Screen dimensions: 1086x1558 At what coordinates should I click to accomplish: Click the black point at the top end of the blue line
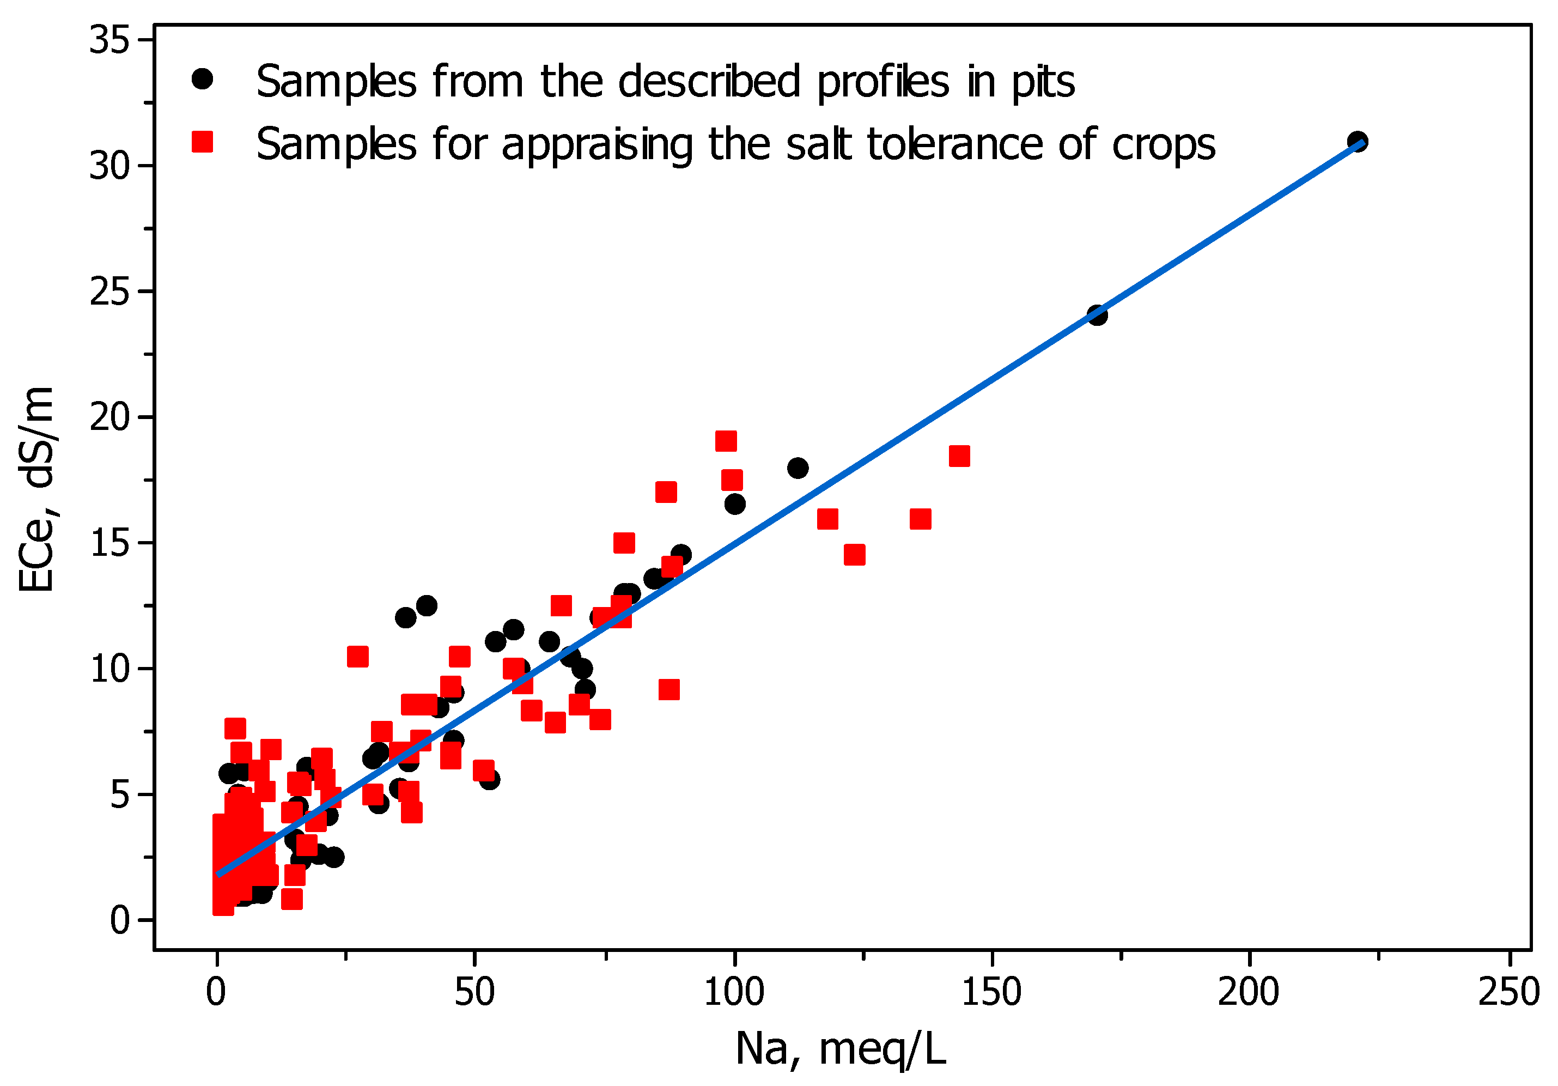(1356, 142)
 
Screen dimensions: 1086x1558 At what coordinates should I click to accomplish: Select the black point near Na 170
(1097, 315)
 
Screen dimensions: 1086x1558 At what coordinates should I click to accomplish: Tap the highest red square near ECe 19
(726, 441)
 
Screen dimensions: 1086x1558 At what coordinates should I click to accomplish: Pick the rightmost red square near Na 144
(959, 456)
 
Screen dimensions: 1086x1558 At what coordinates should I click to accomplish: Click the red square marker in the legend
(202, 142)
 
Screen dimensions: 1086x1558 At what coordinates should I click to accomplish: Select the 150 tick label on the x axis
(991, 992)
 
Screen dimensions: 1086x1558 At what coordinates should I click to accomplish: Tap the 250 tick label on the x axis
(1508, 992)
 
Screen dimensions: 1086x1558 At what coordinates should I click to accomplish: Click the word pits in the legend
(1044, 83)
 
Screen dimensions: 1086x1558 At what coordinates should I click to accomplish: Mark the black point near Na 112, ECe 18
(798, 468)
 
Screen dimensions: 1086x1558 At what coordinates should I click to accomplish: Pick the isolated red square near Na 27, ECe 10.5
(357, 657)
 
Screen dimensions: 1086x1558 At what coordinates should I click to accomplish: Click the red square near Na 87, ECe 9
(669, 690)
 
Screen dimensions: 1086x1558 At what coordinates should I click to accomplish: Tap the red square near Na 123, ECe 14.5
(854, 555)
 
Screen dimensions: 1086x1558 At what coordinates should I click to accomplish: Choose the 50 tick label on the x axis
(474, 992)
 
